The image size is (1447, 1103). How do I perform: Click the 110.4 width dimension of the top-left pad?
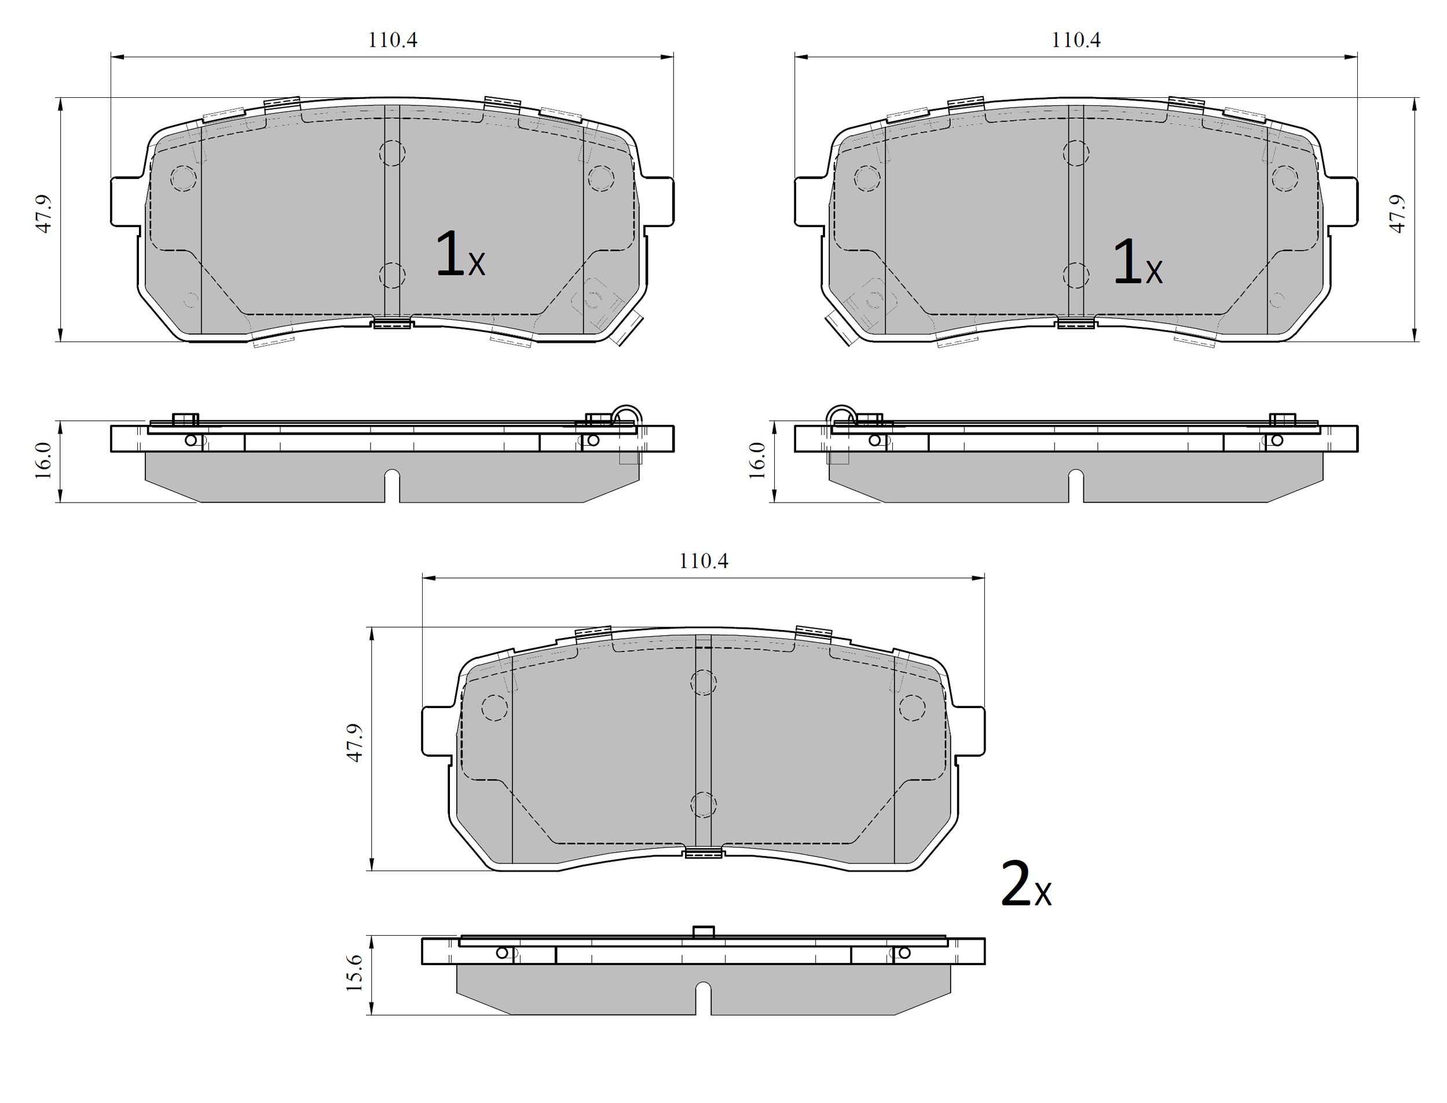pos(392,40)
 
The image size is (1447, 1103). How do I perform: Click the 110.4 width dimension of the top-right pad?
pos(1076,40)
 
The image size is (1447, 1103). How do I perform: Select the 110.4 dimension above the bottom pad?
pos(703,562)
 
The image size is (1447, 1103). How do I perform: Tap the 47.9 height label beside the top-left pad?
pos(43,214)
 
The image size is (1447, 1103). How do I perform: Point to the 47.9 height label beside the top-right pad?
pos(1397,214)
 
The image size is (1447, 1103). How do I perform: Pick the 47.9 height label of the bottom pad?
pos(354,743)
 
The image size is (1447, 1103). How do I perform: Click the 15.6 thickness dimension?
pos(354,972)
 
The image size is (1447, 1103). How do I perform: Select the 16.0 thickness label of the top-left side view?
pos(43,460)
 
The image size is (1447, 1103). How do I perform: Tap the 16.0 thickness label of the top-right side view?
pos(757,460)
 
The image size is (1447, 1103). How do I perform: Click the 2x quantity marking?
pos(1025,885)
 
